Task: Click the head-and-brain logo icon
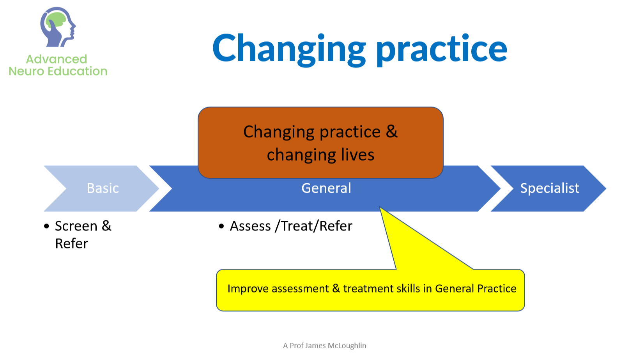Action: (58, 27)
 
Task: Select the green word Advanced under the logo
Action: (57, 59)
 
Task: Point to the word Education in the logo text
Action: (77, 71)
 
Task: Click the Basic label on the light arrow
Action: (103, 188)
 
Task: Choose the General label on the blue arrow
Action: (326, 188)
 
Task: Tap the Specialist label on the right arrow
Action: (550, 188)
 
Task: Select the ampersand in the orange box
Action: (391, 132)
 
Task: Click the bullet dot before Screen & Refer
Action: (46, 226)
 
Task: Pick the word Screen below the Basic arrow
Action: (76, 226)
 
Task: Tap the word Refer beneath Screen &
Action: (71, 243)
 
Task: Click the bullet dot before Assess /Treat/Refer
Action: (221, 226)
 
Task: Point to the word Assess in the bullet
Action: (250, 226)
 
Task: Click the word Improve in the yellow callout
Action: (248, 289)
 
